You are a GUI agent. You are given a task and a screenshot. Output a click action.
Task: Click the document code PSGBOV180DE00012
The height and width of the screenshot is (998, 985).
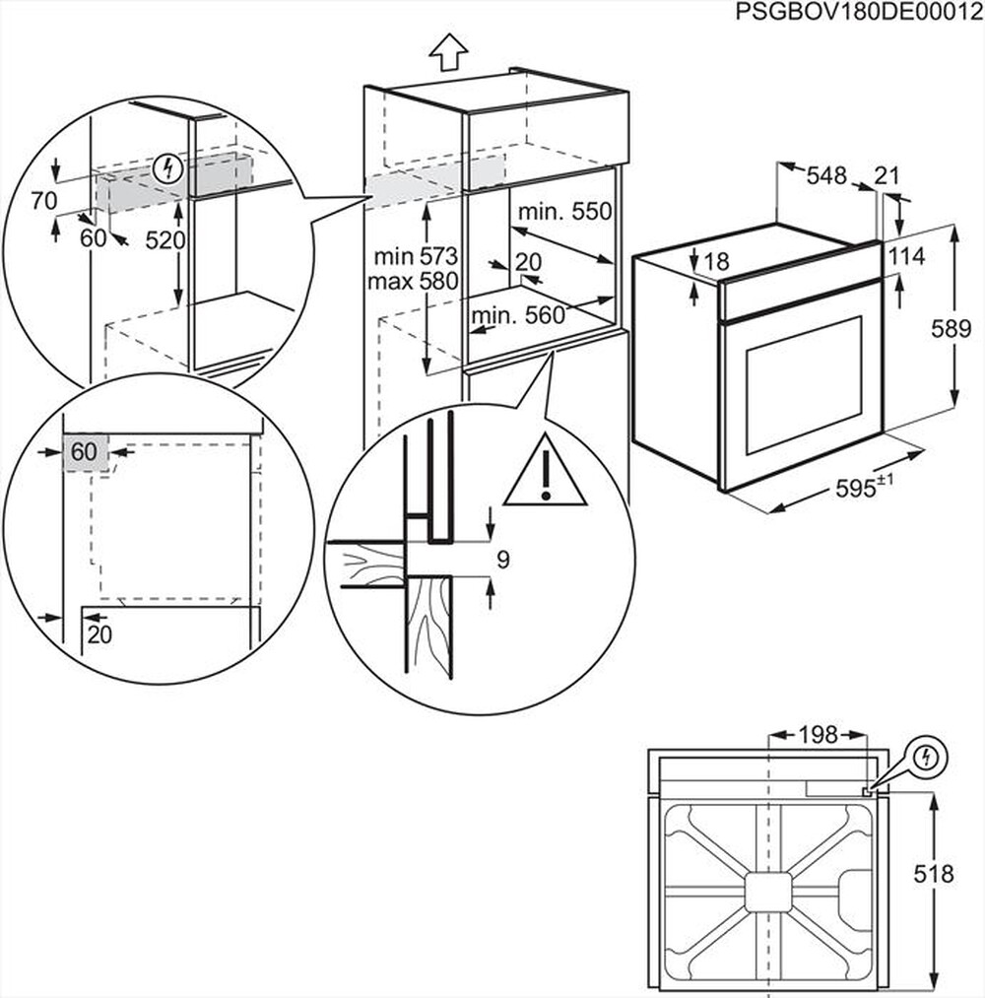[858, 11]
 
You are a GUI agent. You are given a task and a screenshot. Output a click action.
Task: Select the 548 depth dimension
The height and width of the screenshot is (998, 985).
[826, 176]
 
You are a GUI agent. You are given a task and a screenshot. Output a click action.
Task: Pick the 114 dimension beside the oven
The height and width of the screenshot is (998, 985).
[905, 257]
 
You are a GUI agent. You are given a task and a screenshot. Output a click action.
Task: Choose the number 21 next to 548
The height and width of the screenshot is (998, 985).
[888, 176]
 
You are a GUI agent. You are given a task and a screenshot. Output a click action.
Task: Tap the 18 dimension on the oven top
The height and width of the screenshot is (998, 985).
[717, 261]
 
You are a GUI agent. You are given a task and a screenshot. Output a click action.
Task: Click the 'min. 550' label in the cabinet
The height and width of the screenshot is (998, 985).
[566, 211]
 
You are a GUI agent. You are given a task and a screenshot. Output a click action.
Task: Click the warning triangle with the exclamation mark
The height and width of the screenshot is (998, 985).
[545, 473]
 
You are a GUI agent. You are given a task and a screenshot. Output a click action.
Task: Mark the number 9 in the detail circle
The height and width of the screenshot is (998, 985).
[502, 561]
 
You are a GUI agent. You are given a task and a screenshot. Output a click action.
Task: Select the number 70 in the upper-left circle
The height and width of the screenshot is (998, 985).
[42, 202]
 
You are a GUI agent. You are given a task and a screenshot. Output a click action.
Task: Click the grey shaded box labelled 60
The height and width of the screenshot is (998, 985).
[85, 452]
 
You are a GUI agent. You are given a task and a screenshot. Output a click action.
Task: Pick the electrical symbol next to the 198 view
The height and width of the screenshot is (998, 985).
[926, 758]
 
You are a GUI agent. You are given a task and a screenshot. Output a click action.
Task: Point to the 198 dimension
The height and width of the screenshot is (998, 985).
[818, 735]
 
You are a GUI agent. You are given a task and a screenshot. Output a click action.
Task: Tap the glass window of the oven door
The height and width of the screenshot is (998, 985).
[804, 385]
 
